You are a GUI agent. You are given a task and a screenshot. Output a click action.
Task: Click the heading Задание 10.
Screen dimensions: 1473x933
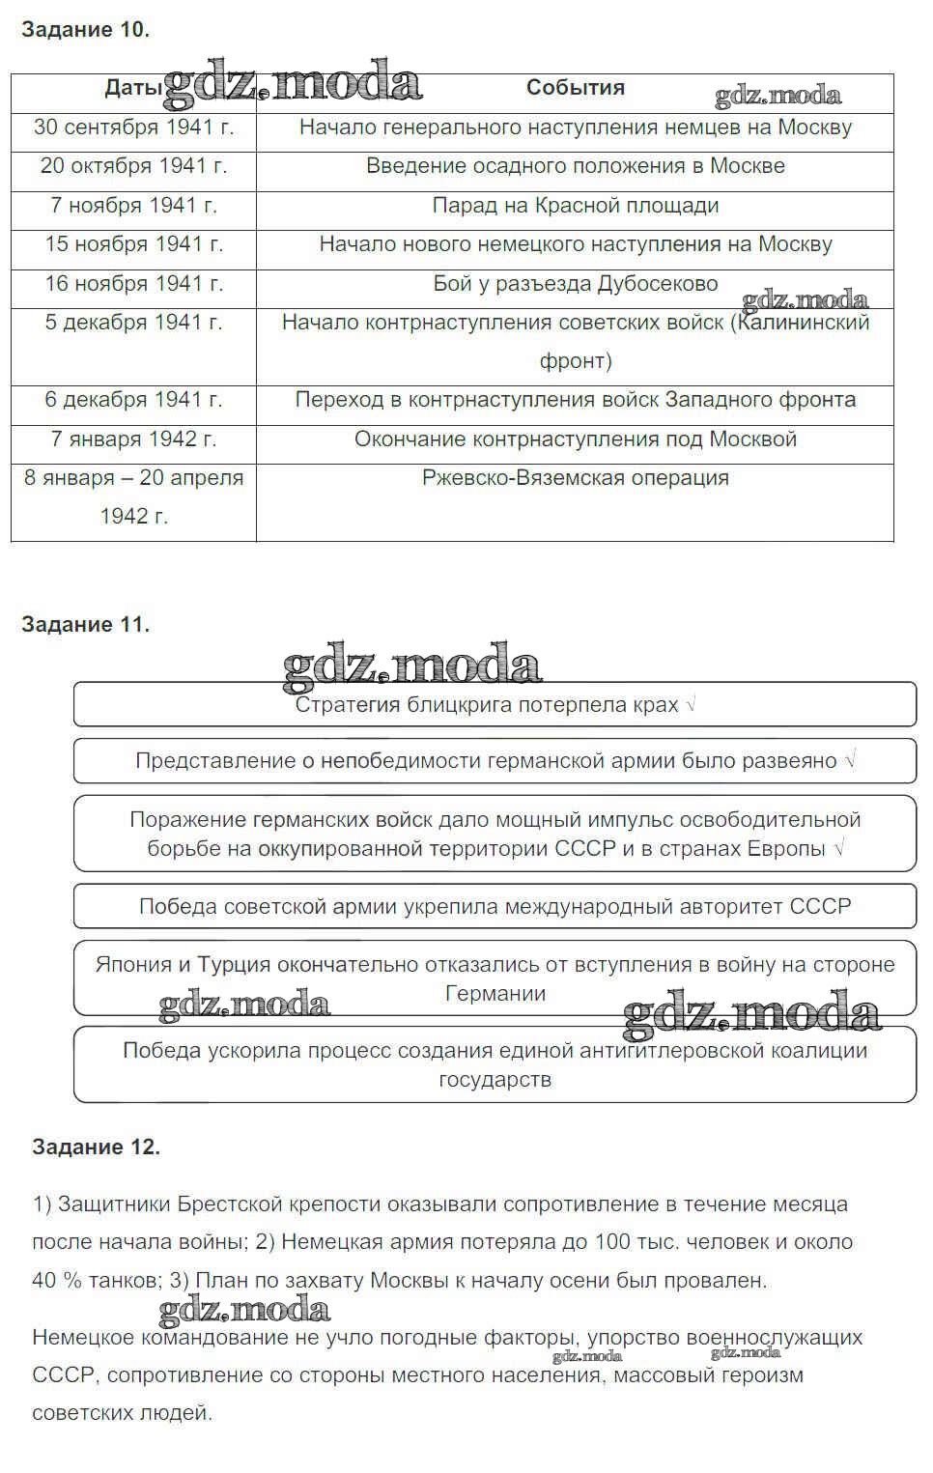point(85,30)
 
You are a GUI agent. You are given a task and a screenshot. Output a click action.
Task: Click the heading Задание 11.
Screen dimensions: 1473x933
point(85,625)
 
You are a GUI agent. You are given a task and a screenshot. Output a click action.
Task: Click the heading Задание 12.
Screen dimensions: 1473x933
point(96,1147)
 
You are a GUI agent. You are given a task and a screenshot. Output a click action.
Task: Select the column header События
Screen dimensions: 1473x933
point(575,88)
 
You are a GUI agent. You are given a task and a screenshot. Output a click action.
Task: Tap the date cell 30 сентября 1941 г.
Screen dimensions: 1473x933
point(133,127)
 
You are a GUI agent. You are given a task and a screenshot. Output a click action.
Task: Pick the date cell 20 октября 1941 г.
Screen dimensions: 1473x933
point(133,166)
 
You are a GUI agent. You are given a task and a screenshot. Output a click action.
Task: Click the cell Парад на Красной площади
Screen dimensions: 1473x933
point(575,206)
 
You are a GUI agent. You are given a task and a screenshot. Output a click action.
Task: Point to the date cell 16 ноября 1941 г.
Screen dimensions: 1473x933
point(133,284)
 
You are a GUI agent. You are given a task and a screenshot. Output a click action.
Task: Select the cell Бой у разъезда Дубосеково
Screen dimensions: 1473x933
point(575,284)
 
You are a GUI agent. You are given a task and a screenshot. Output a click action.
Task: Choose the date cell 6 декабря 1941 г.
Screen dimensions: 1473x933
point(133,400)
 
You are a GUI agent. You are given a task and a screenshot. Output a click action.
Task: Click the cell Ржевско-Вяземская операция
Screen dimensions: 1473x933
point(575,478)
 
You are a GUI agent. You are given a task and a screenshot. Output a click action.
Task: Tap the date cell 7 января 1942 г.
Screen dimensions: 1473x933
point(133,439)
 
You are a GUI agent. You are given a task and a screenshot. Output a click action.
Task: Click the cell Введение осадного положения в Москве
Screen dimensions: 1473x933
point(575,166)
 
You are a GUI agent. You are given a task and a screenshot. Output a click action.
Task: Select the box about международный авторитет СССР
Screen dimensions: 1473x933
point(495,907)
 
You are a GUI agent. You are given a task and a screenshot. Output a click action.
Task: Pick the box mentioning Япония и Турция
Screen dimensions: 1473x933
point(495,978)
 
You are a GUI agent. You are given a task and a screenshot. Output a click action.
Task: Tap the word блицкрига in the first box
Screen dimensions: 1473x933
point(459,705)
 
